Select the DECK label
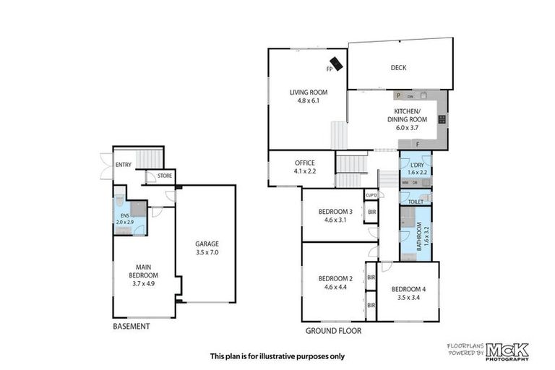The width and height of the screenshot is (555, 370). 398,68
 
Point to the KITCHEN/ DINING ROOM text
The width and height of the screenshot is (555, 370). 407,115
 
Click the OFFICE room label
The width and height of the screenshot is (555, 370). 304,163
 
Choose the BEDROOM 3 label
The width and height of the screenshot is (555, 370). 335,212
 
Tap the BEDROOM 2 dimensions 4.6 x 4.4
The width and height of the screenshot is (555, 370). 335,288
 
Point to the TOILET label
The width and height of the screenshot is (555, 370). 416,202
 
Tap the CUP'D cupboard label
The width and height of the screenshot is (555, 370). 371,195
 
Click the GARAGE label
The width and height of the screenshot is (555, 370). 206,244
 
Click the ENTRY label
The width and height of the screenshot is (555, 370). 123,165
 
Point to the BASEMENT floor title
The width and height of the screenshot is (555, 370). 132,327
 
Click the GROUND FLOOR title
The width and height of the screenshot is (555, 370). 334,331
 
